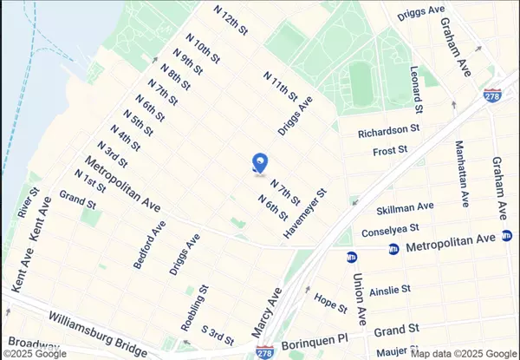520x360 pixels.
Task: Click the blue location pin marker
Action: coord(259,163)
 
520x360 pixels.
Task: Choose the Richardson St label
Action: coord(389,131)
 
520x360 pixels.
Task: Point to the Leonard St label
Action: coord(418,90)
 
